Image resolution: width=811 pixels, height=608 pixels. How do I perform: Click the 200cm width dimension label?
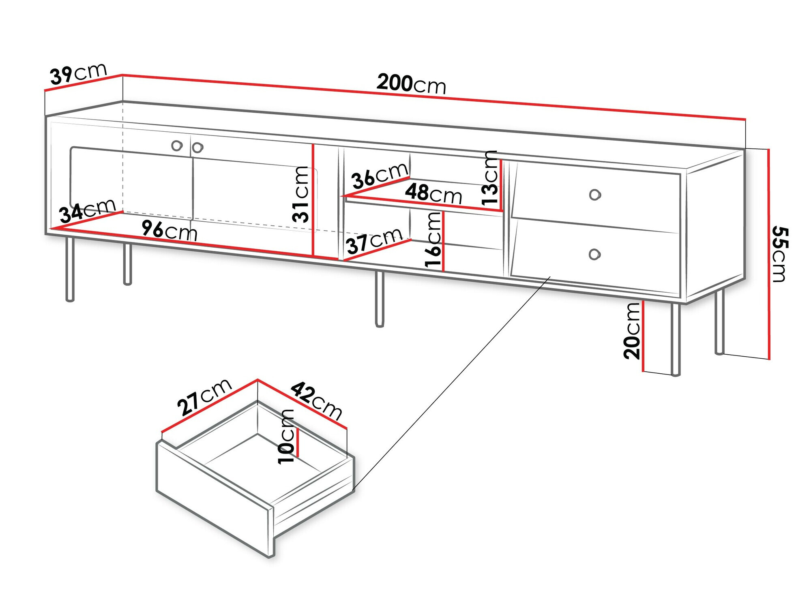[x=411, y=84]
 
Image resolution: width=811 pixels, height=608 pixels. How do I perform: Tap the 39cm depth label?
[x=78, y=73]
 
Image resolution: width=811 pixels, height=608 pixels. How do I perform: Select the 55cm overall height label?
[x=779, y=254]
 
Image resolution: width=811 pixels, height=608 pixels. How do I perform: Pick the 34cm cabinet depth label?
[x=88, y=210]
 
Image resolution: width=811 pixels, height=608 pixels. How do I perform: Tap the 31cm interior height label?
[x=301, y=195]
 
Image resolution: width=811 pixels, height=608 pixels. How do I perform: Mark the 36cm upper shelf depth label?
[x=380, y=175]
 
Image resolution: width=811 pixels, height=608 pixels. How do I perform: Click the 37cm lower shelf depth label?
[x=374, y=241]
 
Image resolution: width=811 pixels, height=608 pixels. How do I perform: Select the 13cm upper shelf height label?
[x=490, y=177]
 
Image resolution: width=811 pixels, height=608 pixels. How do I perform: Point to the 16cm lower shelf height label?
[x=433, y=240]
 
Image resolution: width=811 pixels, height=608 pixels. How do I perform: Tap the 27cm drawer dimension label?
[x=204, y=397]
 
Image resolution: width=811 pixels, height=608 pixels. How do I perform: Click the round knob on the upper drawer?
[x=595, y=195]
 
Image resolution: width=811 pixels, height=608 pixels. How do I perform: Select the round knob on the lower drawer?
[x=594, y=255]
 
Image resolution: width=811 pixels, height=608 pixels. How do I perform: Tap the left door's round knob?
[x=177, y=146]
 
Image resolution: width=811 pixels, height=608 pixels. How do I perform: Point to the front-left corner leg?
[x=70, y=270]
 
